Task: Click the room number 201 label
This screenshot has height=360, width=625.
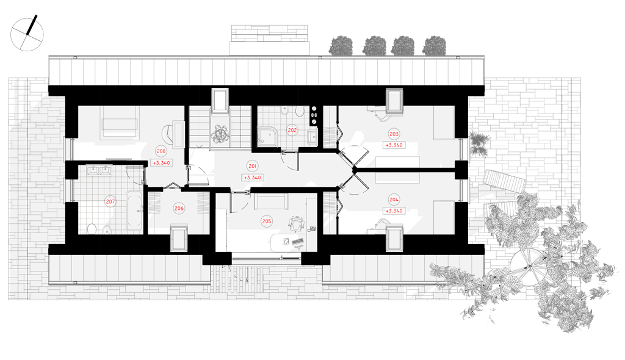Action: [252, 166]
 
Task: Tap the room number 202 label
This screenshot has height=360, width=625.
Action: [292, 130]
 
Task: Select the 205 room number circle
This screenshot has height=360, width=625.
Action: [266, 221]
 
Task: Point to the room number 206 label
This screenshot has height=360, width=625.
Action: [179, 208]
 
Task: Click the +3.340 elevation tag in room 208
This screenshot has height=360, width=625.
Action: [161, 163]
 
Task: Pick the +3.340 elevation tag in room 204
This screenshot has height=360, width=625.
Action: [394, 211]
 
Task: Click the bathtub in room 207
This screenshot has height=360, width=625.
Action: [134, 211]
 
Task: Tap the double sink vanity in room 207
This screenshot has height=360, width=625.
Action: [99, 171]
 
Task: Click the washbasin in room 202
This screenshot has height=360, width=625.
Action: [313, 137]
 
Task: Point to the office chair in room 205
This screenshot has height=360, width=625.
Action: [295, 224]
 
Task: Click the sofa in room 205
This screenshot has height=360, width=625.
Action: [271, 201]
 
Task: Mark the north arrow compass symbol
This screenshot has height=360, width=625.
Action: [27, 34]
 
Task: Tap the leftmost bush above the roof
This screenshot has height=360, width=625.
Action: [341, 45]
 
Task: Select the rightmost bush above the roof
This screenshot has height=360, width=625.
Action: [434, 45]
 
